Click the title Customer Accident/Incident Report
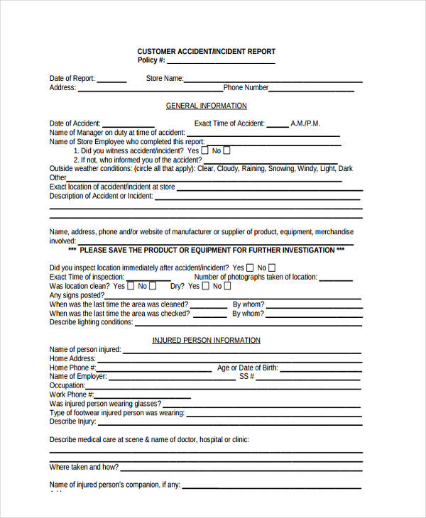[x=206, y=51]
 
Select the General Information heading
[x=206, y=106]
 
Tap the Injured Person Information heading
[x=206, y=341]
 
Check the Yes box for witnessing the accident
[x=205, y=150]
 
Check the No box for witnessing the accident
[x=226, y=150]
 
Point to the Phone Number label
[x=246, y=88]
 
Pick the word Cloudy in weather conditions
[x=226, y=169]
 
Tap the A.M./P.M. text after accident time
[x=306, y=123]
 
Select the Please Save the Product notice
[x=206, y=250]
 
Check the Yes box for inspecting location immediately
[x=249, y=268]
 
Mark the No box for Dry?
[x=226, y=286]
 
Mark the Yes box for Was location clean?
[x=130, y=286]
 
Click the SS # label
[x=246, y=377]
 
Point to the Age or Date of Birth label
[x=246, y=368]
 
